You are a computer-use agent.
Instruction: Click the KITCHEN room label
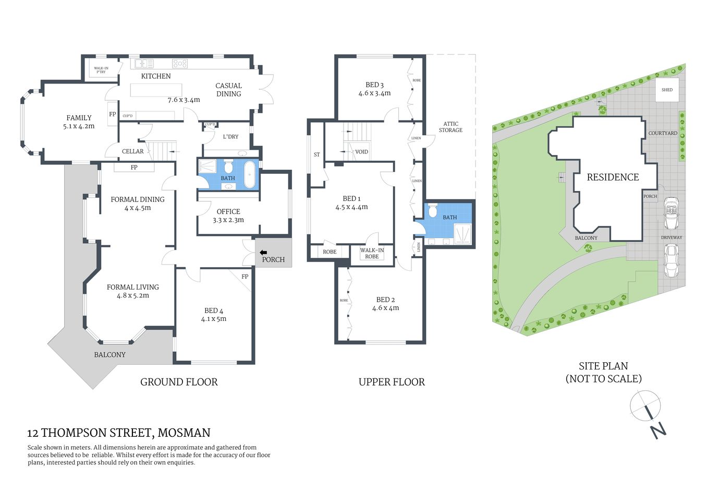click(156, 76)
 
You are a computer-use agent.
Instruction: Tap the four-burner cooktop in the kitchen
click(180, 64)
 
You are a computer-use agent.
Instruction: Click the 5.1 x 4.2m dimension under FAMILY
click(79, 126)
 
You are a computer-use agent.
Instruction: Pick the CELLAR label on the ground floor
click(132, 151)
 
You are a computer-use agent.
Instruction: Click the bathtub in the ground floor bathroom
click(250, 174)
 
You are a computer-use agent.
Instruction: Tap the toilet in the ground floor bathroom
click(228, 167)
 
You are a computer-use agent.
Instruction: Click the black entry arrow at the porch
click(263, 253)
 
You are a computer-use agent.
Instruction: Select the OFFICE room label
click(228, 211)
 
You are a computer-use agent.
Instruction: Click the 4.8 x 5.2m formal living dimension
click(133, 295)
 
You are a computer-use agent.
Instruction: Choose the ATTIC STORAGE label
click(450, 127)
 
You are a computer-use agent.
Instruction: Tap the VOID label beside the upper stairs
click(361, 152)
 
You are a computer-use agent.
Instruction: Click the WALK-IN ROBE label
click(372, 253)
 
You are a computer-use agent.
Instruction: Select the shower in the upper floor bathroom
click(462, 234)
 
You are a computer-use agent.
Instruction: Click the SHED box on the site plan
click(667, 90)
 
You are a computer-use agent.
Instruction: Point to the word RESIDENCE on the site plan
click(613, 177)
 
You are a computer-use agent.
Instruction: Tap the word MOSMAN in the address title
click(184, 433)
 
